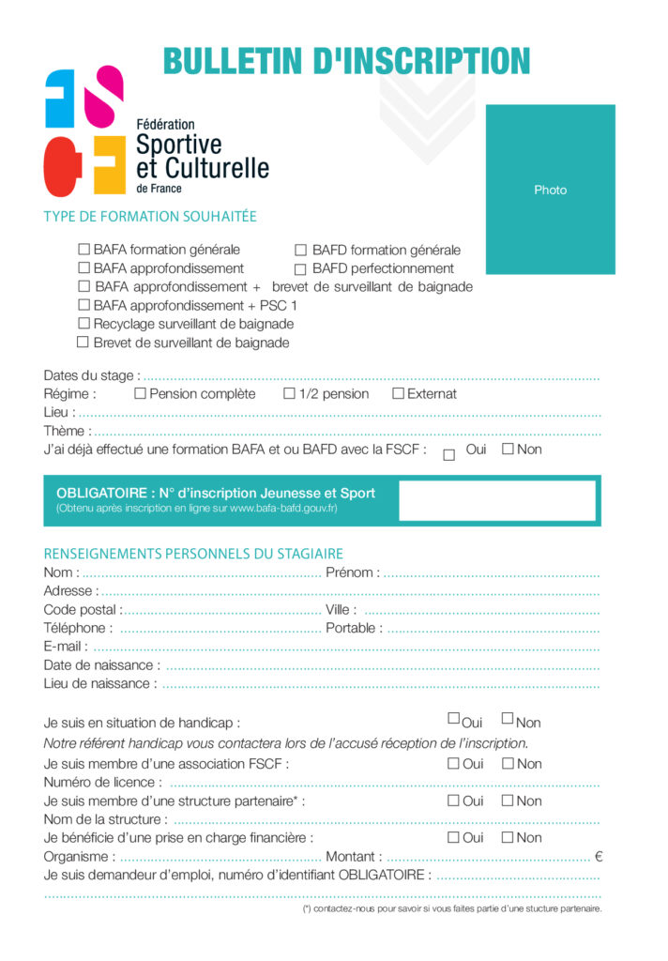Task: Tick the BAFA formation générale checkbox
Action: (x=83, y=250)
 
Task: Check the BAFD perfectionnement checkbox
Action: (x=301, y=268)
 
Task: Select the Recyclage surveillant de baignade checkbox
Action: (x=83, y=324)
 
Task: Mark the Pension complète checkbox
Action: (x=140, y=393)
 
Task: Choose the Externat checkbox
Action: (x=398, y=393)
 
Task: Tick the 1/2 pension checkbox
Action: (x=289, y=393)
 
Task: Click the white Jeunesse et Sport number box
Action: (x=496, y=500)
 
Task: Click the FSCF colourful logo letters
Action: (x=84, y=131)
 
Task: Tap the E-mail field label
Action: (x=65, y=647)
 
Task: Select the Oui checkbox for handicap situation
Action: (x=453, y=719)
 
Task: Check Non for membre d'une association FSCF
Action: (x=508, y=764)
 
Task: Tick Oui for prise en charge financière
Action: (x=453, y=837)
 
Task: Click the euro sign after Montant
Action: (x=598, y=856)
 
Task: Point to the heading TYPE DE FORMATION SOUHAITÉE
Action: (x=150, y=217)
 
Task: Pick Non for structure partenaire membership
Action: (x=508, y=801)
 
